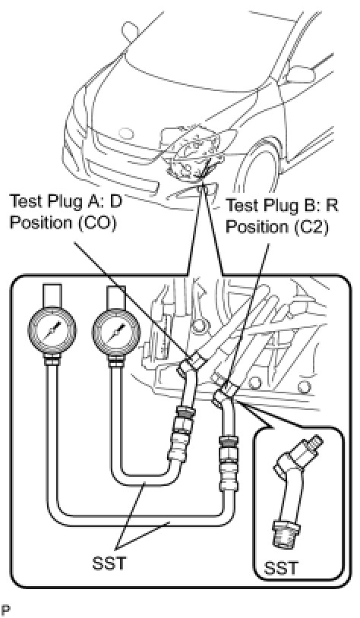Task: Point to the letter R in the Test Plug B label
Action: point(333,206)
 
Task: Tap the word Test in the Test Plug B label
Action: point(241,206)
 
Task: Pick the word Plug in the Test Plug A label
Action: point(64,203)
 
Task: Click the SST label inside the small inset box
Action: point(280,569)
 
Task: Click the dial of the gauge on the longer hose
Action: point(51,330)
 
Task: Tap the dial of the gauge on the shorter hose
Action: point(116,330)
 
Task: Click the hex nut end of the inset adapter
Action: point(283,533)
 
